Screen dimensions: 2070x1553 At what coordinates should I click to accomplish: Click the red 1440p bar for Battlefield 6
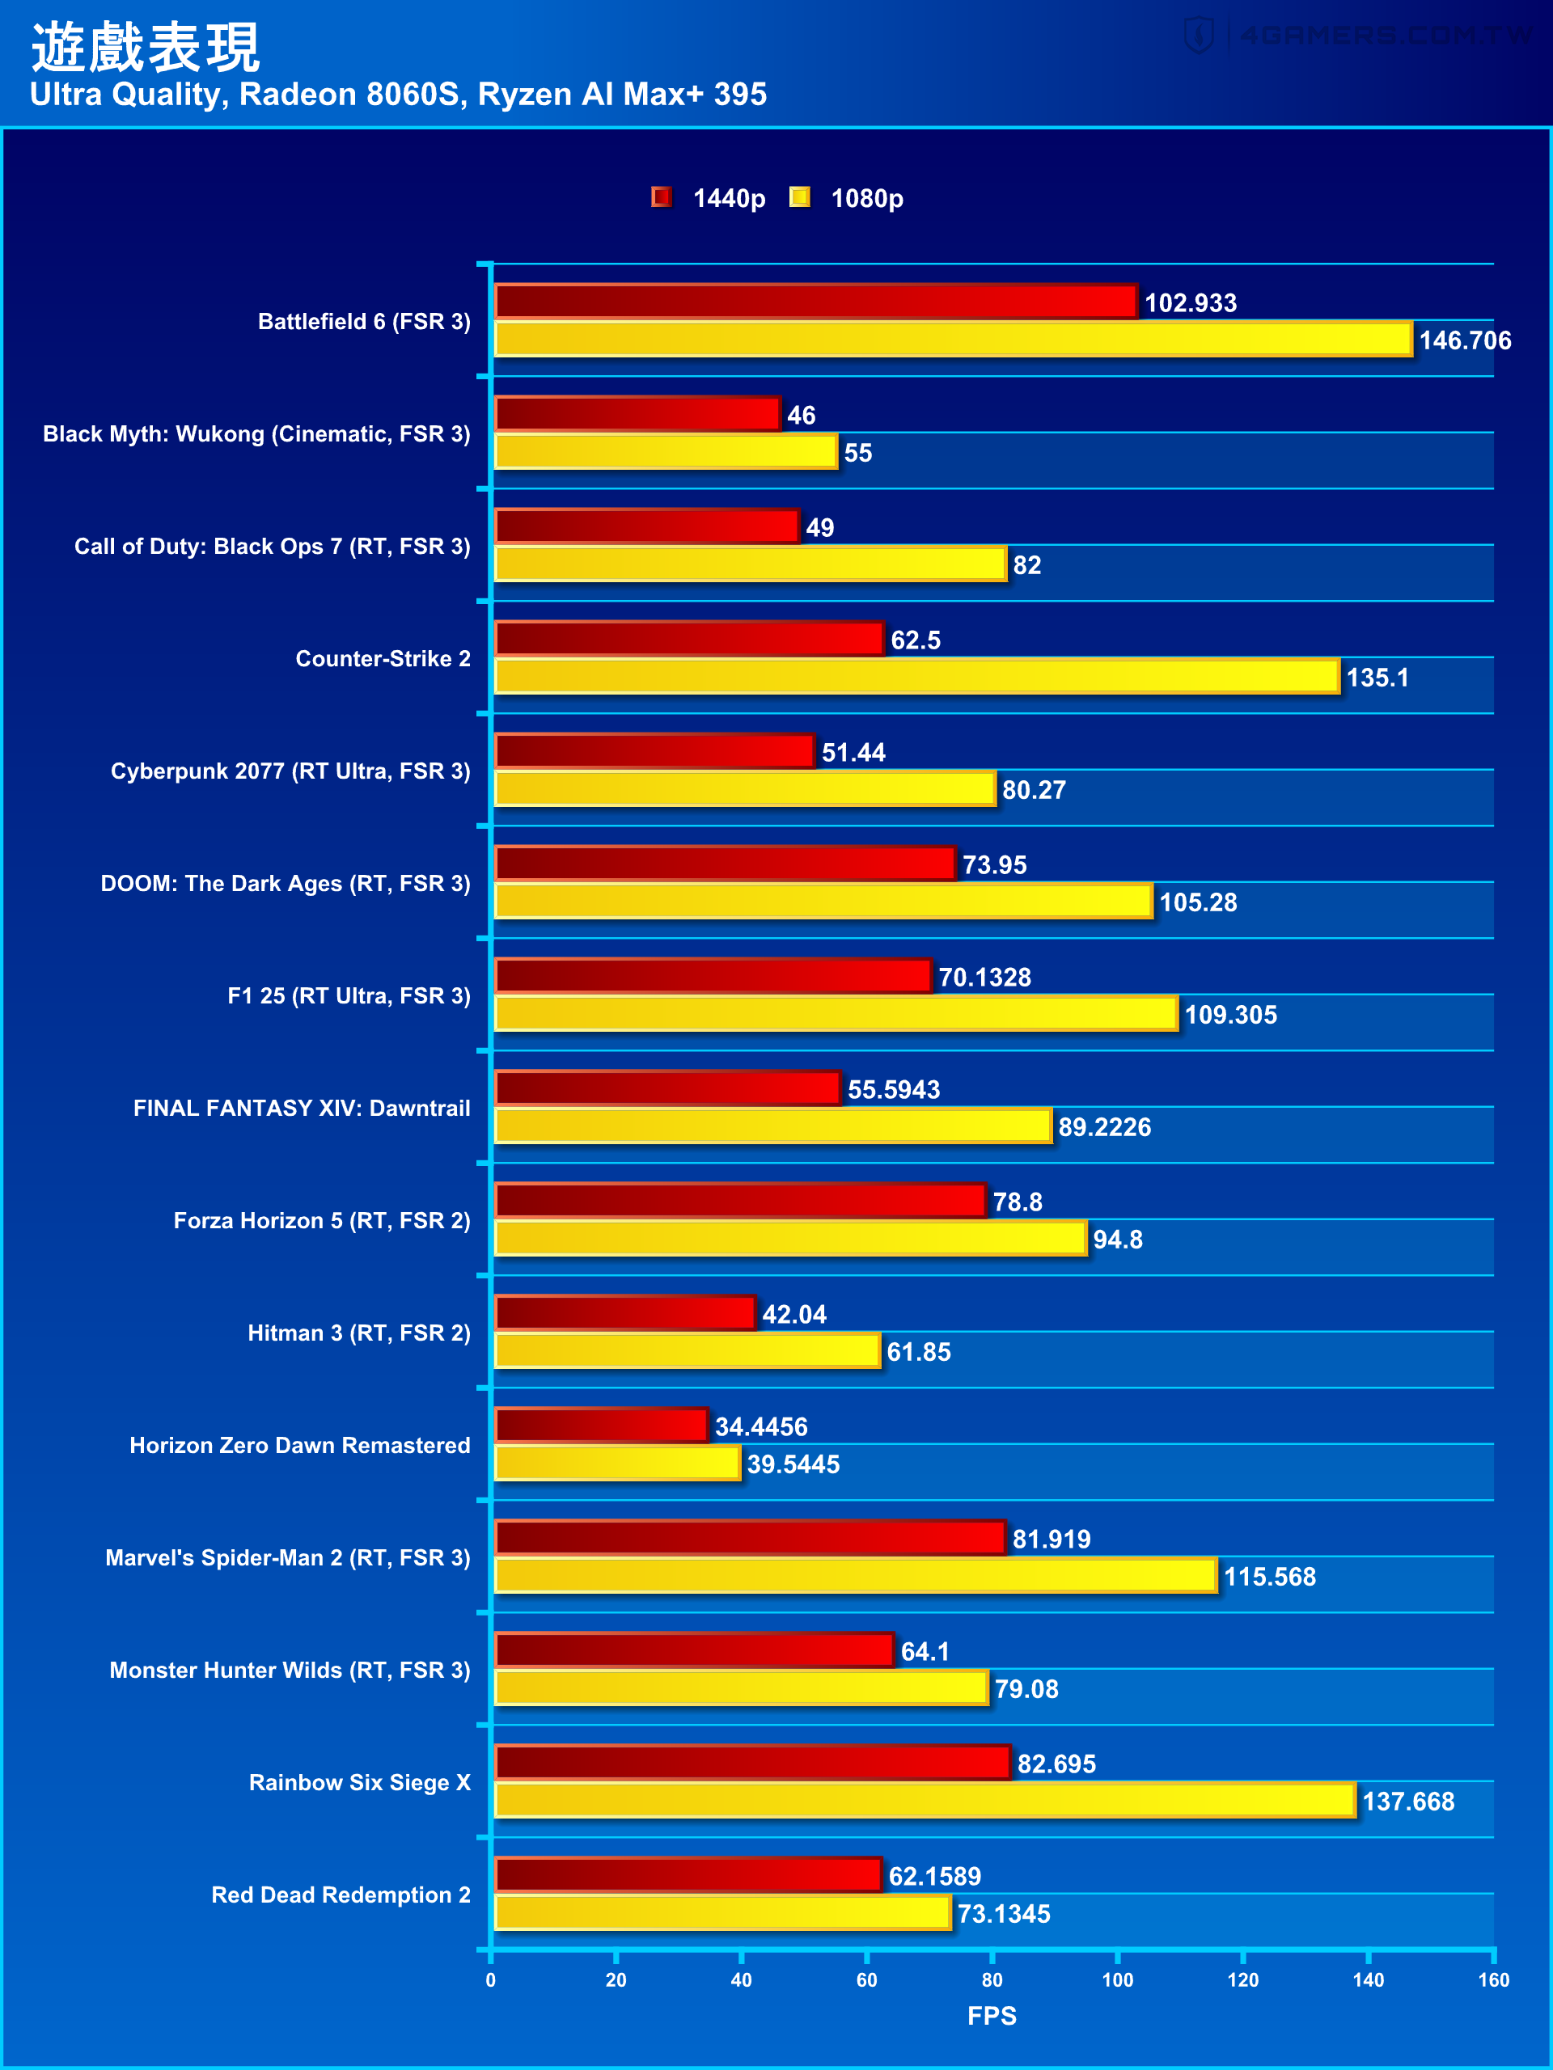[815, 302]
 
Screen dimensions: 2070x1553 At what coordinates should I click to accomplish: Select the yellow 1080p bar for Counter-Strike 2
[916, 677]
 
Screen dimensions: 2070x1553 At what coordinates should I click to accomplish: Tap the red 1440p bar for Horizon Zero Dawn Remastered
[601, 1426]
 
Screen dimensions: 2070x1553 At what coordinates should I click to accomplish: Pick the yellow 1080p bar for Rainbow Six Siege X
[925, 1801]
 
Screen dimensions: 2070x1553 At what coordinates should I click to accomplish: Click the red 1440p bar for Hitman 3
[625, 1313]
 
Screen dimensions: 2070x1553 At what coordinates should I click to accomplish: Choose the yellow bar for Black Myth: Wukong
[666, 452]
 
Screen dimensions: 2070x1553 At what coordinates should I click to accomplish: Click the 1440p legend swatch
[662, 197]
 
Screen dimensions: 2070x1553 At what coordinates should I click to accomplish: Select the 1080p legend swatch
[799, 197]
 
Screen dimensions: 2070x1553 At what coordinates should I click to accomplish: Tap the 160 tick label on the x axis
[1493, 1979]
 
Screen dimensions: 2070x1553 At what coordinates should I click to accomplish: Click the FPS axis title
[992, 2016]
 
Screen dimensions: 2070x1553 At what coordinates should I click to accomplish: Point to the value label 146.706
[1465, 340]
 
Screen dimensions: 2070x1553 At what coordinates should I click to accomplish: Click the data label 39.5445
[793, 1464]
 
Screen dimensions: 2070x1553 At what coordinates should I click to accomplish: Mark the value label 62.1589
[934, 1876]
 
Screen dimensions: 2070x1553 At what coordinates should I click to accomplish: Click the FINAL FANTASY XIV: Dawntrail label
[302, 1108]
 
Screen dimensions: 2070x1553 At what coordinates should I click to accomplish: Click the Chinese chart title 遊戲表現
[145, 47]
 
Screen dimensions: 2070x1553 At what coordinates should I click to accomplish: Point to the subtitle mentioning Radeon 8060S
[398, 95]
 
